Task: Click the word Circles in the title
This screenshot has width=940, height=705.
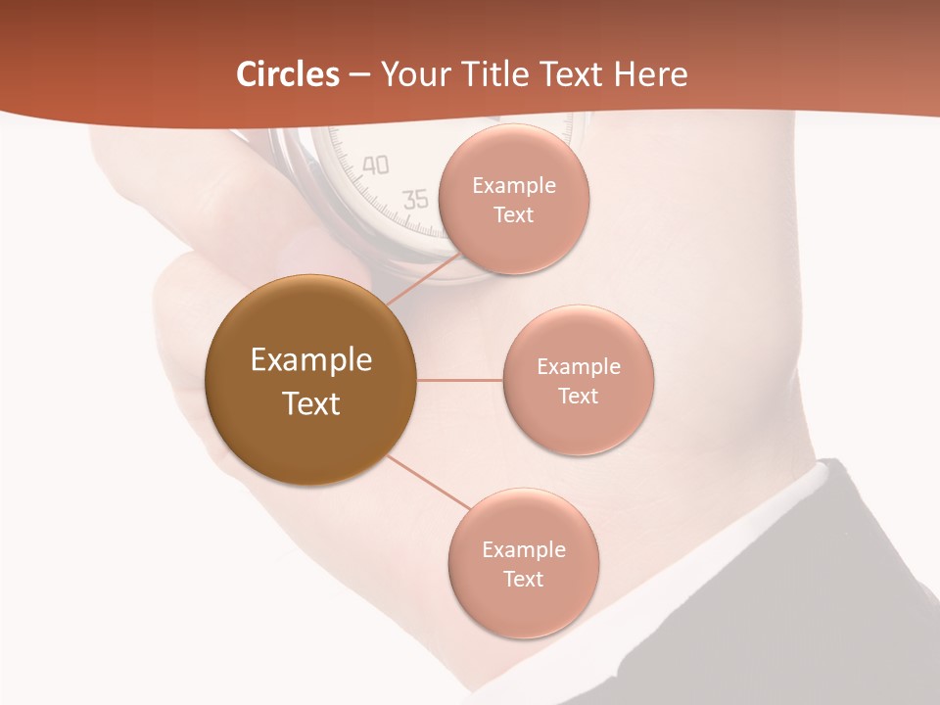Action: [287, 74]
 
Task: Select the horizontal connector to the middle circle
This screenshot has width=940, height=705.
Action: [459, 380]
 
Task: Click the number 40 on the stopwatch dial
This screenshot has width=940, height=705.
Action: [375, 165]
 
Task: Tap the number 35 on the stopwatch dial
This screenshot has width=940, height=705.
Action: [416, 200]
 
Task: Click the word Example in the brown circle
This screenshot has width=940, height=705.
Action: [310, 360]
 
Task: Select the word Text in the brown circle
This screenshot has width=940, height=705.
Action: [310, 403]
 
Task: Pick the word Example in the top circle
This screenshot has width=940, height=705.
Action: [513, 186]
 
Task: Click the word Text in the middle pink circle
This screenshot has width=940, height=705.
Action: [578, 397]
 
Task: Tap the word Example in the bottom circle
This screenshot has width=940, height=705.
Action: [523, 550]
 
